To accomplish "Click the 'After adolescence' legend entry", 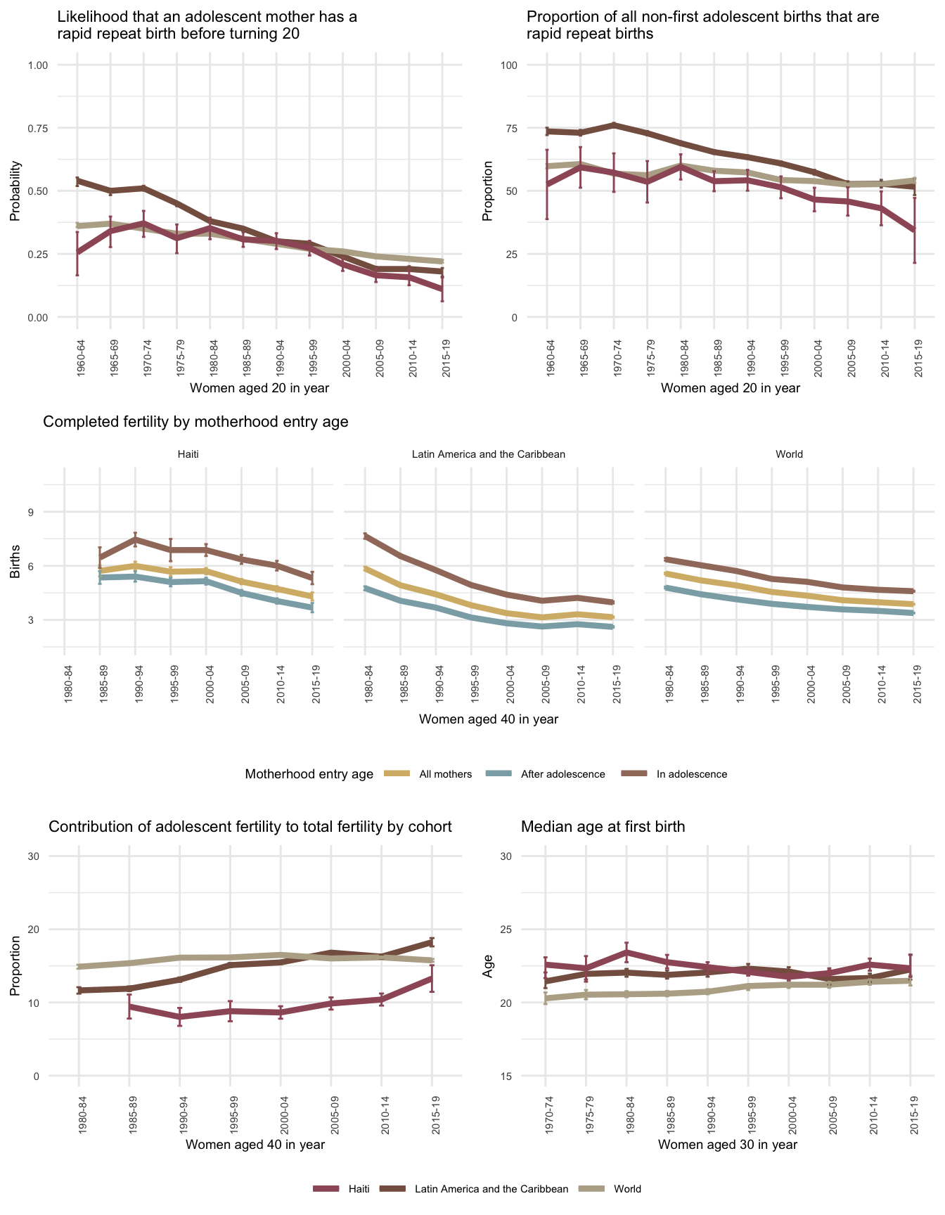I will [562, 774].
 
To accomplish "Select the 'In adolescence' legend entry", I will [691, 774].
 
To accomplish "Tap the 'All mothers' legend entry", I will [445, 774].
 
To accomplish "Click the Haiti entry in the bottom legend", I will [359, 1189].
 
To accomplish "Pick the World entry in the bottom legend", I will [627, 1189].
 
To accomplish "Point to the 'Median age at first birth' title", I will [603, 827].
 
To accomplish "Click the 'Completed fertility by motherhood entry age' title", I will [196, 422].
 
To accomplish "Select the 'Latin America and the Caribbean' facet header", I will [488, 454].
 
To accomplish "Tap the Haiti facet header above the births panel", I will [188, 454].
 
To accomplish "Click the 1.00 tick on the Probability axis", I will [38, 65].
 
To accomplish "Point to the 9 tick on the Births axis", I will [31, 512].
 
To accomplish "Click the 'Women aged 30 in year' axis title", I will [728, 1145].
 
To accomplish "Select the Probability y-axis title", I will [15, 191].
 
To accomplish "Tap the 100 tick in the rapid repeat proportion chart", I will [508, 65].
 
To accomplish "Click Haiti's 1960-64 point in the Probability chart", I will [77, 252].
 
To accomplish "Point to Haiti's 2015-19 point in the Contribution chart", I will [432, 977].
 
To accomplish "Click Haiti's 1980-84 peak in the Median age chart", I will [626, 952].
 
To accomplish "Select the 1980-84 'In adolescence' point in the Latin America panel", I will [365, 536].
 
